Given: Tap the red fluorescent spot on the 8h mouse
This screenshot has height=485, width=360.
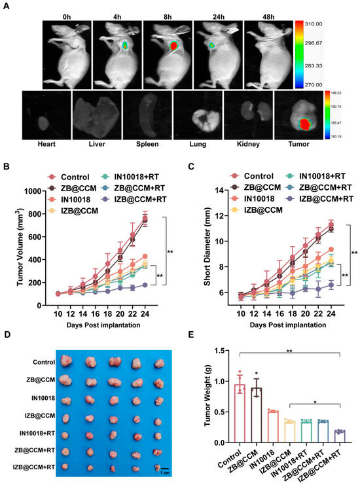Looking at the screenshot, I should click(x=174, y=46).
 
